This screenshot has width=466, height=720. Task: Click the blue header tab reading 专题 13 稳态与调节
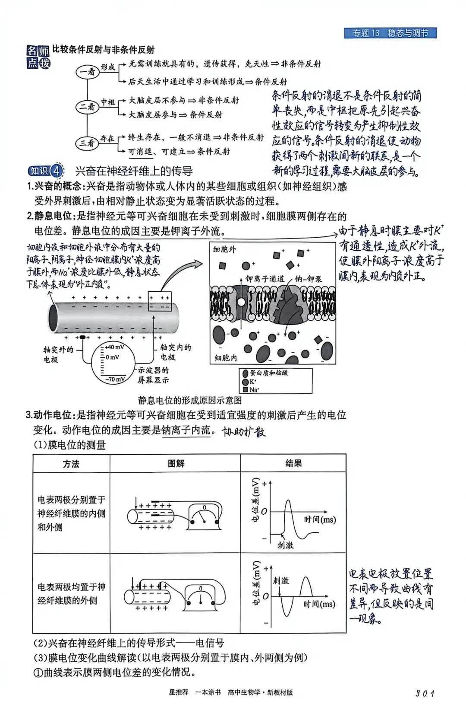(x=390, y=33)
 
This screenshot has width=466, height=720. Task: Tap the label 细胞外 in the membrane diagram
(x=225, y=249)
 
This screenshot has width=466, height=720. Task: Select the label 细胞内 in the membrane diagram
(x=226, y=357)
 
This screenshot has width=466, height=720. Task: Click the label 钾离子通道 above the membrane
(x=265, y=279)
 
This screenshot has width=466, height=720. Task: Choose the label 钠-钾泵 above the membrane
(x=308, y=279)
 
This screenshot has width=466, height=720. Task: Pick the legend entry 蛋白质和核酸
(x=268, y=373)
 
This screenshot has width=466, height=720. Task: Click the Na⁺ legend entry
(x=254, y=389)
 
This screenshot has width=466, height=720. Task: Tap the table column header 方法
(x=71, y=464)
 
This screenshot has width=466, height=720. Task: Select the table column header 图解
(x=176, y=464)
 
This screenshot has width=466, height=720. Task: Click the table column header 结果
(x=293, y=464)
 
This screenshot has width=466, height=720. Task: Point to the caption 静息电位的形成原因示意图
(x=190, y=400)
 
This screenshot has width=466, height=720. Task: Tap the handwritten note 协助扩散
(x=244, y=432)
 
